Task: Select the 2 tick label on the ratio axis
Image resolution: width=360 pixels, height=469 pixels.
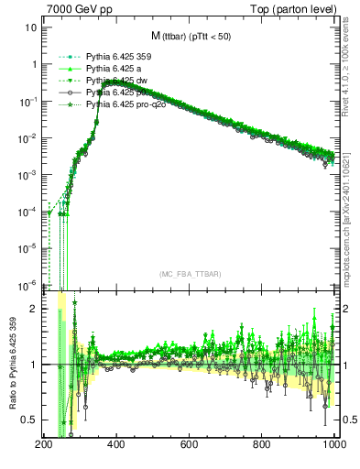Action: (x=33, y=309)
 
